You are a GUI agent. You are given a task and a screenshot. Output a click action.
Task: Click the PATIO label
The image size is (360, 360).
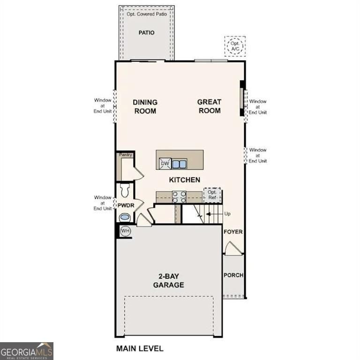146,33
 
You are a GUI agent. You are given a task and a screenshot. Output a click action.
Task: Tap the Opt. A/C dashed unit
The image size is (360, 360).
235,46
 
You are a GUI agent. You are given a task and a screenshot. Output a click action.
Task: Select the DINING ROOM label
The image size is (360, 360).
145,106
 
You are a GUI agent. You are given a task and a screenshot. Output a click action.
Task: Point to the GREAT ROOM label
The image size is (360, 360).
209,106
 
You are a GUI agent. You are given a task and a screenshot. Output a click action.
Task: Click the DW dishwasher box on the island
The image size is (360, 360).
165,164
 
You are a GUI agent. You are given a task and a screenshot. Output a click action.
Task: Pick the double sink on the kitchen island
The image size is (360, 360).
179,164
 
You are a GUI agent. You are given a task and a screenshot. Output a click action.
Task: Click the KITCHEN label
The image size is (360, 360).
185,180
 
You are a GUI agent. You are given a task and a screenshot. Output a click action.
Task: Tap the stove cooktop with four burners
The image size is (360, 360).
179,196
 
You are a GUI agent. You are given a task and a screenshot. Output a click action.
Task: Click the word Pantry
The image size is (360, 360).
126,155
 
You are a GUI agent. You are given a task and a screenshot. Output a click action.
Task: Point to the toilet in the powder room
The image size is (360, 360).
125,190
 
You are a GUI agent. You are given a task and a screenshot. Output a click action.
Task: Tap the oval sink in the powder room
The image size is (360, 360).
125,217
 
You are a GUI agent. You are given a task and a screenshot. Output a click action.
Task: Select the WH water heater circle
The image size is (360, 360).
125,231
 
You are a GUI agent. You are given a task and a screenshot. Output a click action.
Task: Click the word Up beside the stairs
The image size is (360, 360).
228,214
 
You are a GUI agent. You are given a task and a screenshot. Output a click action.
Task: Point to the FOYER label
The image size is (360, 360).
233,232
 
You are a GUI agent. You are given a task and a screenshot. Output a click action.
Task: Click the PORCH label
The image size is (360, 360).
233,275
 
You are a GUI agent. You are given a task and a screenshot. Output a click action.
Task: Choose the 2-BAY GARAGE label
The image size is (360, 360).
168,281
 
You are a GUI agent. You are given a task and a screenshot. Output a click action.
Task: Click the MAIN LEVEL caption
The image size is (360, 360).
140,348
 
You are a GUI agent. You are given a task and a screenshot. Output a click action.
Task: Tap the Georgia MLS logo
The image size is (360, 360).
27,351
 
